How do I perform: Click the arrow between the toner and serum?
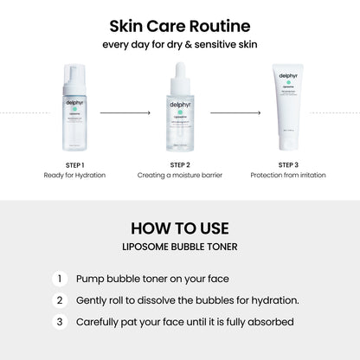[126, 112]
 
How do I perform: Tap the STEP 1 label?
[74, 164]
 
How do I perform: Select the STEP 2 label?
[180, 164]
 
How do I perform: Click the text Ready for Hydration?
[74, 176]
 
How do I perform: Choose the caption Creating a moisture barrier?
[180, 176]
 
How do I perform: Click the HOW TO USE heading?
[180, 229]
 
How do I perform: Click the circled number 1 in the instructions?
[59, 280]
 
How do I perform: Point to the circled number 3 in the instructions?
[59, 321]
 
